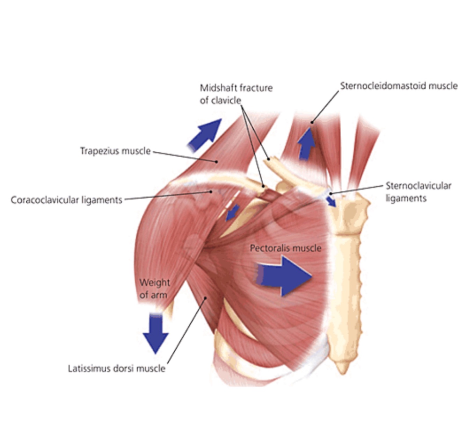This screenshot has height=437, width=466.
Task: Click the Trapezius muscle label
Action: point(115,151)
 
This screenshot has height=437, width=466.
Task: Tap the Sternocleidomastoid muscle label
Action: point(399,86)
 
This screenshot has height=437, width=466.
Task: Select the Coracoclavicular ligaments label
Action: point(66,200)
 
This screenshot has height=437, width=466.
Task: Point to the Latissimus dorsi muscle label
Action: point(116,368)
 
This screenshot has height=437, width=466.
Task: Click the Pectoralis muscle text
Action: point(285,248)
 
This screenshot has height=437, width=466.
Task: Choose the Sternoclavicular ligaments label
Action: point(418,192)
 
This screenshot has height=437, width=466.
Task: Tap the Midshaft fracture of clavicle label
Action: point(236,94)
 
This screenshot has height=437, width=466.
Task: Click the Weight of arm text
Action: point(154,288)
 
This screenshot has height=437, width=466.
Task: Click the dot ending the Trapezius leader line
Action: point(217,162)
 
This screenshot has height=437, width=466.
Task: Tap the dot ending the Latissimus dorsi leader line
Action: point(206,298)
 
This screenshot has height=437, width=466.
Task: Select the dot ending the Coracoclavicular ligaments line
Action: point(211,192)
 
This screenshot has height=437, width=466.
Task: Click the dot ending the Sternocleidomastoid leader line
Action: point(312,122)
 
